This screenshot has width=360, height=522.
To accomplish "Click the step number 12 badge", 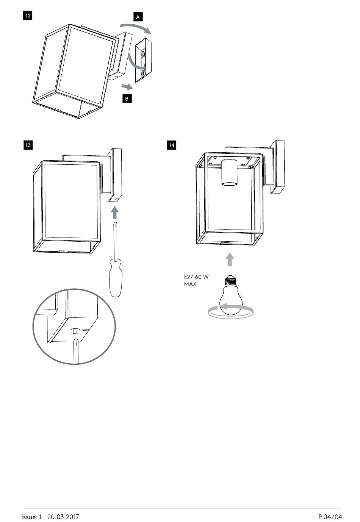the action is (x=28, y=16).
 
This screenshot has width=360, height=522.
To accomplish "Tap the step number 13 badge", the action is (x=28, y=145).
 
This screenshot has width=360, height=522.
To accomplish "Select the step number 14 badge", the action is (x=171, y=145).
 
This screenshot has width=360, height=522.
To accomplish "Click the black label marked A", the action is (x=138, y=17).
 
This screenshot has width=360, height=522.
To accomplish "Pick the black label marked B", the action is (x=127, y=98).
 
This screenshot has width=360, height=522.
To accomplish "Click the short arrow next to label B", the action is (x=127, y=87).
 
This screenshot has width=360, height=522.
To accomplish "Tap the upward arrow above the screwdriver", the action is (x=114, y=213).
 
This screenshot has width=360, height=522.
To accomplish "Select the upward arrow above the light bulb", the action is (x=230, y=259).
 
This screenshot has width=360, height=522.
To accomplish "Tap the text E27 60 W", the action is (x=196, y=277).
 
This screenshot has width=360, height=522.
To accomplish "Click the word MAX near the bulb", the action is (x=190, y=284).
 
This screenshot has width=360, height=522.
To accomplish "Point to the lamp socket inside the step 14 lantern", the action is (x=230, y=173).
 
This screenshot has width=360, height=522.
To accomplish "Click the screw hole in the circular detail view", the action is (x=75, y=330).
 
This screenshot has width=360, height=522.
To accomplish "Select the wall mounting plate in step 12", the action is (x=143, y=60).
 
